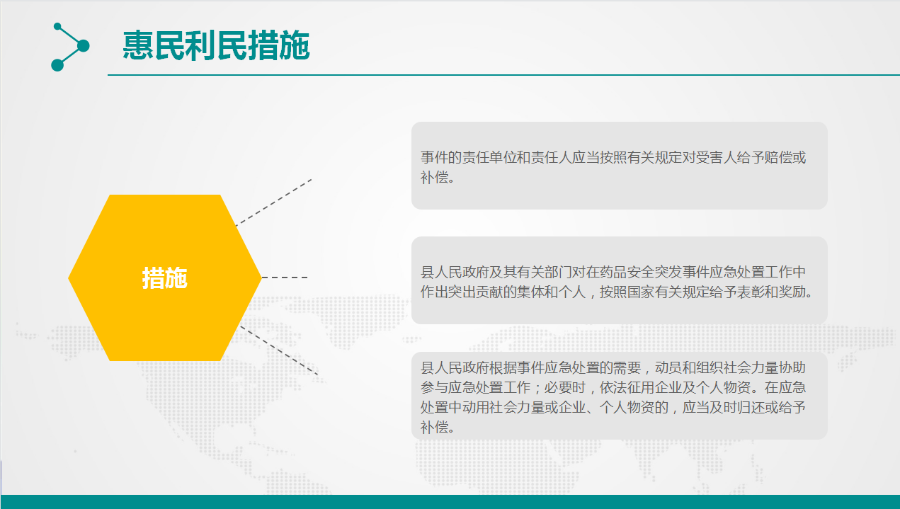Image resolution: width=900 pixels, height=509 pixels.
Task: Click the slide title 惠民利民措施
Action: point(216,45)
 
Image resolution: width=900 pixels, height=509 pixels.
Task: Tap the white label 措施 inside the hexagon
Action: point(165,278)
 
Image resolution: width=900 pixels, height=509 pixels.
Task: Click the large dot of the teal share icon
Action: point(83,46)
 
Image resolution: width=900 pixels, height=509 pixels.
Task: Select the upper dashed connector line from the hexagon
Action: point(273,202)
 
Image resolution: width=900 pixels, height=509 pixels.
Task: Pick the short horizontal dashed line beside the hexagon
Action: point(285,278)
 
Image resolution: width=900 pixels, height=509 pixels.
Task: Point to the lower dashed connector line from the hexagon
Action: point(279,350)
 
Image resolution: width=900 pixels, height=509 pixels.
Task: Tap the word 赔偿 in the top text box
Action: point(778,157)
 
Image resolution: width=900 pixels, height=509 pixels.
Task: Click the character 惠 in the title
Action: point(137,45)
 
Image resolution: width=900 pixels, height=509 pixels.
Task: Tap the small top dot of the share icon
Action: point(57,26)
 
